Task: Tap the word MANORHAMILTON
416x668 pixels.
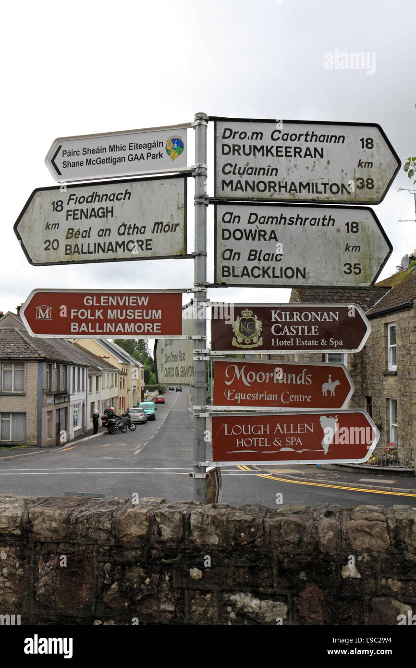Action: click(x=285, y=186)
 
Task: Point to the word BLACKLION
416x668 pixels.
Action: click(x=263, y=272)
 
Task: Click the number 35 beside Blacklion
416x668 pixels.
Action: click(x=352, y=269)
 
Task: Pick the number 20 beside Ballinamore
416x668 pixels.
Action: click(x=51, y=245)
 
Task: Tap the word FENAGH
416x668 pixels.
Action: click(x=89, y=213)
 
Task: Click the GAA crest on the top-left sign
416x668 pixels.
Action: click(x=174, y=148)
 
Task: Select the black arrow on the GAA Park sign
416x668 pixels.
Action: click(x=56, y=160)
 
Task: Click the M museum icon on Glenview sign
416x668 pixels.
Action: click(x=44, y=312)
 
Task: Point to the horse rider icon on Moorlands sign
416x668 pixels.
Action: click(x=330, y=386)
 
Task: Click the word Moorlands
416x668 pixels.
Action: click(x=268, y=376)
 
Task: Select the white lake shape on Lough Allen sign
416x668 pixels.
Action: click(x=329, y=433)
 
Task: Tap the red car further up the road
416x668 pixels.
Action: click(x=160, y=399)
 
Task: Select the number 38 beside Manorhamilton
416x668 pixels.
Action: click(x=365, y=183)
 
